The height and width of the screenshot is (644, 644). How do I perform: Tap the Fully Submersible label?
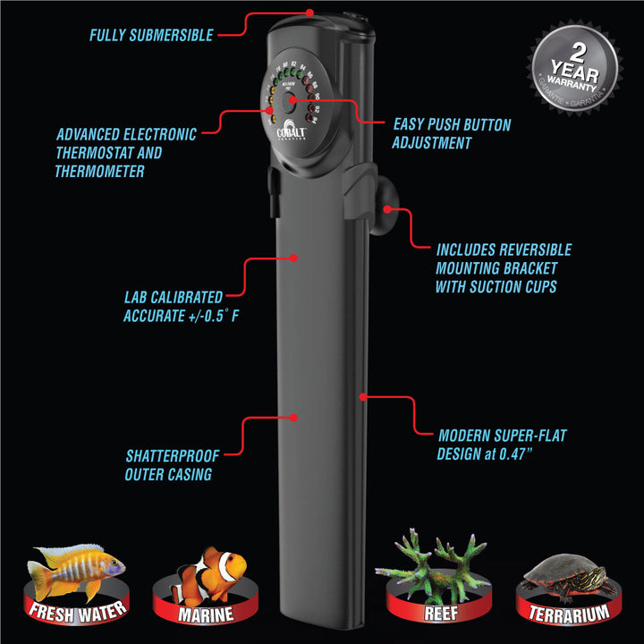(151, 36)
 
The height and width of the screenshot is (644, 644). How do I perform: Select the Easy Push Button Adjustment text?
(452, 133)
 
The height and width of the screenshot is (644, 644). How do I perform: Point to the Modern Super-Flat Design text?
(502, 445)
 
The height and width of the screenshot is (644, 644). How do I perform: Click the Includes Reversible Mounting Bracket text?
(503, 268)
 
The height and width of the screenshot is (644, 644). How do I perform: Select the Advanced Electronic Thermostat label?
(125, 152)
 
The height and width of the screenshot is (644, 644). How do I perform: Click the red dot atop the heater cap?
(309, 13)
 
